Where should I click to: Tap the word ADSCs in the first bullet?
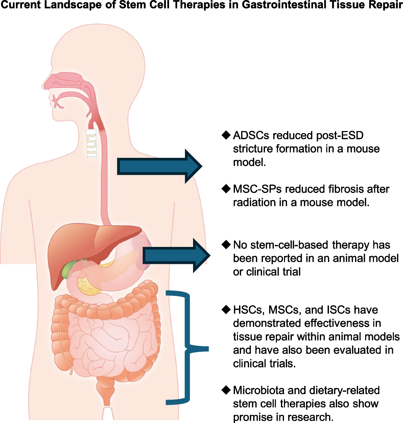tap(251, 135)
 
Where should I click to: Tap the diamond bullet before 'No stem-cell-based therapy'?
tap(226, 245)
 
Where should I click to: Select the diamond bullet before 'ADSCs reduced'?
tap(226, 135)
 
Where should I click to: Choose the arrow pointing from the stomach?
tap(176, 256)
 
